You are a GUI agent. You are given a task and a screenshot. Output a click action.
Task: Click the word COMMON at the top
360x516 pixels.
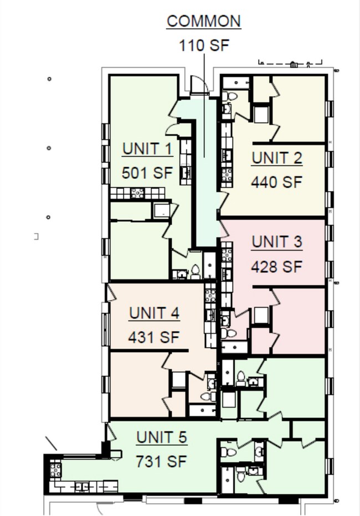coord(204,21)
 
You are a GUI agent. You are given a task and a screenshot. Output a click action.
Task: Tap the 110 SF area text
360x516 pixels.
coord(204,45)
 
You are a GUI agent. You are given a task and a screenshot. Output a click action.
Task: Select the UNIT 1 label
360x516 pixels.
coord(147,149)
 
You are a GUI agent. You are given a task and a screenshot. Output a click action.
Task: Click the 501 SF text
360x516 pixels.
coord(147,173)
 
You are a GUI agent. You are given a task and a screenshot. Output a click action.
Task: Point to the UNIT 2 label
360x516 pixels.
coord(277,158)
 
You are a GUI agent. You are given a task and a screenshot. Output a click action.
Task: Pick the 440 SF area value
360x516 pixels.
coord(277,182)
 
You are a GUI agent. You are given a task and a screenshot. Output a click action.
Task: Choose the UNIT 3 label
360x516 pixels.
coord(277,242)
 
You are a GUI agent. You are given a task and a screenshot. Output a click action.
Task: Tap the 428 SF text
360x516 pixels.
coord(277,266)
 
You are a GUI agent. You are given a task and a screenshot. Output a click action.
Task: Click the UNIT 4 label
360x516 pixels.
coord(154,313)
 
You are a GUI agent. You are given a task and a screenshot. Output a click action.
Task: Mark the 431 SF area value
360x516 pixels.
coord(154,337)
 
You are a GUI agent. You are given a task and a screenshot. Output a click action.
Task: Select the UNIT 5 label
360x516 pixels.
coord(162,437)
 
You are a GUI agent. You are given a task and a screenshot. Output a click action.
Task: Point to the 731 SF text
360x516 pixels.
coord(162,461)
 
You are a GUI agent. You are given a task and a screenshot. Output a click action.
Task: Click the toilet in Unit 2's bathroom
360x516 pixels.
coord(231,96)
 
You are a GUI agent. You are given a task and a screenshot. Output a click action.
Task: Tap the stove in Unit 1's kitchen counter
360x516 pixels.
coord(137,193)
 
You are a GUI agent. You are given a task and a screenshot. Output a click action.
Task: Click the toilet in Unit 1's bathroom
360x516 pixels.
coord(195,271)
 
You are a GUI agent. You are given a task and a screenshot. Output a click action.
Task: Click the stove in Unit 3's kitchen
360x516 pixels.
coord(227,255)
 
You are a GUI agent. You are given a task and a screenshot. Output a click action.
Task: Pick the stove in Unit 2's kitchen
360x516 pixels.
coord(227,175)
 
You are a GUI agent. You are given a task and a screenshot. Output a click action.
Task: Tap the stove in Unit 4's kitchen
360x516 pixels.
coord(210,295)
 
